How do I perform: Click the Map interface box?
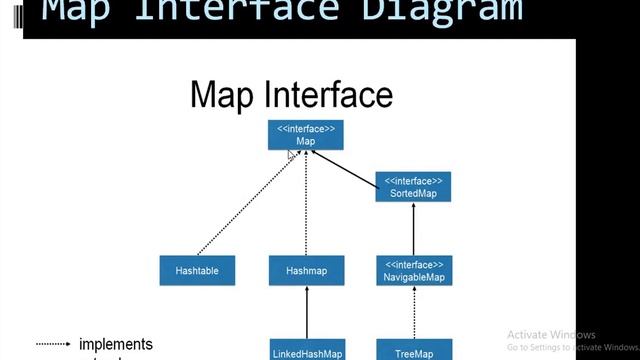point(306,135)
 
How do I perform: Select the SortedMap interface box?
point(413,186)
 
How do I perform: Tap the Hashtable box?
point(197,271)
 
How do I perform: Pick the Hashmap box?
point(306,271)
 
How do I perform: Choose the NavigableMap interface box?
point(413,271)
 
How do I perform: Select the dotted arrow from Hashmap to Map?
point(306,205)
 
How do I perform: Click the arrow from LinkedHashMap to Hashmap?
point(306,312)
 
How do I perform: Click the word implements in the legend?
point(116,344)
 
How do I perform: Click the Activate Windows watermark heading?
point(551,335)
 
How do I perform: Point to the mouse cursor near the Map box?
point(291,154)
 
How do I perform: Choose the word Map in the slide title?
point(223,95)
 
